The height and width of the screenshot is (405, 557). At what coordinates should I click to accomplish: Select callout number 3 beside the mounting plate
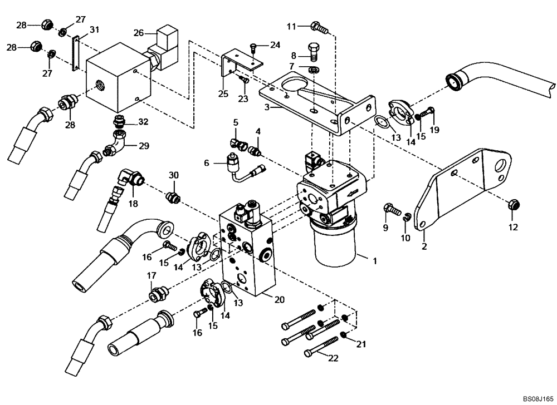267,107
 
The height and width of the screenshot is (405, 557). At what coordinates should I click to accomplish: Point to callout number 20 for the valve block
280,299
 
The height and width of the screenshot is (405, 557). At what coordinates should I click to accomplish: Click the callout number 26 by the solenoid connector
138,32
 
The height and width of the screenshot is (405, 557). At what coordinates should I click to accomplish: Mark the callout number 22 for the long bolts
333,359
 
